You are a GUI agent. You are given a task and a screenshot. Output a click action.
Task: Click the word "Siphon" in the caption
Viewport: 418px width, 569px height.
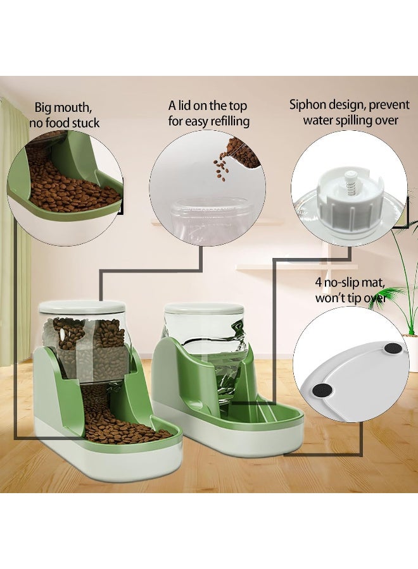pyautogui.click(x=308, y=105)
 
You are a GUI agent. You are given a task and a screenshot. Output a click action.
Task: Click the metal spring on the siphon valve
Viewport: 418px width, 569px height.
pyautogui.click(x=350, y=188)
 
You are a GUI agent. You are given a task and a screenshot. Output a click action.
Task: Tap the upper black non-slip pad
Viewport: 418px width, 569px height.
pyautogui.click(x=393, y=349)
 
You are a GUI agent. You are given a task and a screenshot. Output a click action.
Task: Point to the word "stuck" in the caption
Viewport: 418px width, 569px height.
pyautogui.click(x=85, y=123)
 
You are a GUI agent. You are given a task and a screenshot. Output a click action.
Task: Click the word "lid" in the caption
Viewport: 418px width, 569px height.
pyautogui.click(x=184, y=106)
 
